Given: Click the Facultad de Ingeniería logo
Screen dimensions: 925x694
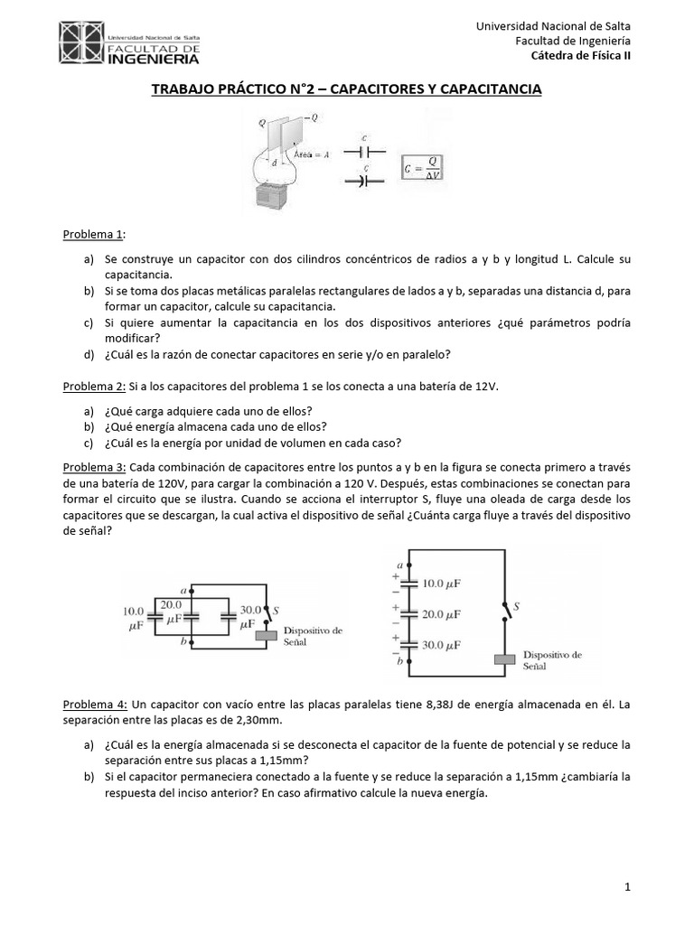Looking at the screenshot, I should (x=130, y=44).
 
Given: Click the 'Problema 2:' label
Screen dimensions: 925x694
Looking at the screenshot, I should (x=94, y=386).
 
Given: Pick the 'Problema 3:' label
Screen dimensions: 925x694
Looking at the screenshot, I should (x=94, y=467).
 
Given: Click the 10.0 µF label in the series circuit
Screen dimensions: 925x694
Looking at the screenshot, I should (x=444, y=584).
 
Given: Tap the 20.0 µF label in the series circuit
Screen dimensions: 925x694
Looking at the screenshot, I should (x=444, y=614).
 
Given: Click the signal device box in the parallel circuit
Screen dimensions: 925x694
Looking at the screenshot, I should (x=267, y=636).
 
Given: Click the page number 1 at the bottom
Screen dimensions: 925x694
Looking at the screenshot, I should (x=627, y=888).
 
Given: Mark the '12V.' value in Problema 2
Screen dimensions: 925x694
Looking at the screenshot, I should (x=487, y=386).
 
